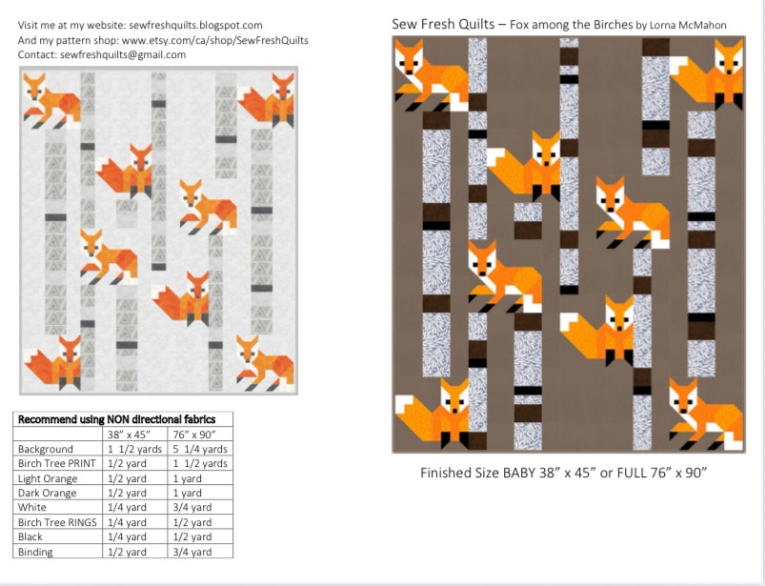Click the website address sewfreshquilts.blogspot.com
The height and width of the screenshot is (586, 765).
click(195, 26)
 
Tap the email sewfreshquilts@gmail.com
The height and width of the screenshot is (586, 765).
click(123, 54)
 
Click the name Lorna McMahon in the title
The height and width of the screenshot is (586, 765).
click(688, 26)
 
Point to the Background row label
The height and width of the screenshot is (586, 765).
click(46, 449)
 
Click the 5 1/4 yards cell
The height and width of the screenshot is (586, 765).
click(200, 449)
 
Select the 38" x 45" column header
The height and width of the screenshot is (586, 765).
click(129, 434)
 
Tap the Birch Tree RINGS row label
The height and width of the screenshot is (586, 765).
click(57, 522)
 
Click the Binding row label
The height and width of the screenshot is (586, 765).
click(35, 552)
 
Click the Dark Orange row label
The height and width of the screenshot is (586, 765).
click(47, 493)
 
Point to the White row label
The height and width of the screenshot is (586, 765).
click(32, 508)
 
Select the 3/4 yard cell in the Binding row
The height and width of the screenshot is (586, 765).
click(192, 552)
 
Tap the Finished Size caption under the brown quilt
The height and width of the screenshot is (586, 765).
click(564, 473)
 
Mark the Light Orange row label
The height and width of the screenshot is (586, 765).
click(48, 478)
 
